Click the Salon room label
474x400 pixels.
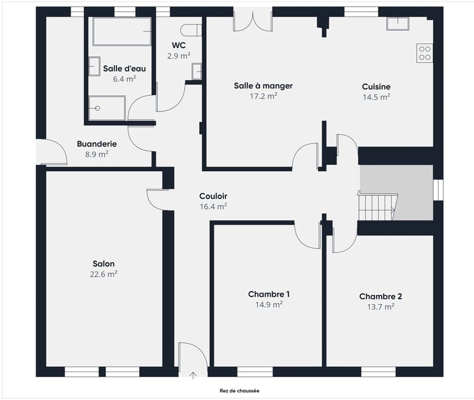[104, 264]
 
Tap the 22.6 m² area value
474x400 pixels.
[104, 274]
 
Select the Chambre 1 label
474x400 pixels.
[268, 294]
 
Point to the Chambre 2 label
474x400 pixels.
[380, 296]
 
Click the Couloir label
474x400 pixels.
[213, 196]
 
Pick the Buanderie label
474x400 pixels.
[97, 143]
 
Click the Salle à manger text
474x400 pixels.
[263, 86]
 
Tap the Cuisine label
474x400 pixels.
[376, 87]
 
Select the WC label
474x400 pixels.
[178, 46]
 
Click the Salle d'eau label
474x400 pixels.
[124, 68]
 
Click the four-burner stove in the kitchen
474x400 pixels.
[424, 53]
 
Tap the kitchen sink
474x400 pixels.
[398, 24]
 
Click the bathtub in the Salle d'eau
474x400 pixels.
[121, 31]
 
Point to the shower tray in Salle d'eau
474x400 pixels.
[107, 108]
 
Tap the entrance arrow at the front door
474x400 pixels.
[193, 375]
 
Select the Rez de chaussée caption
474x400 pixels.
[239, 391]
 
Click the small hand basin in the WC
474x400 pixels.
[197, 72]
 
